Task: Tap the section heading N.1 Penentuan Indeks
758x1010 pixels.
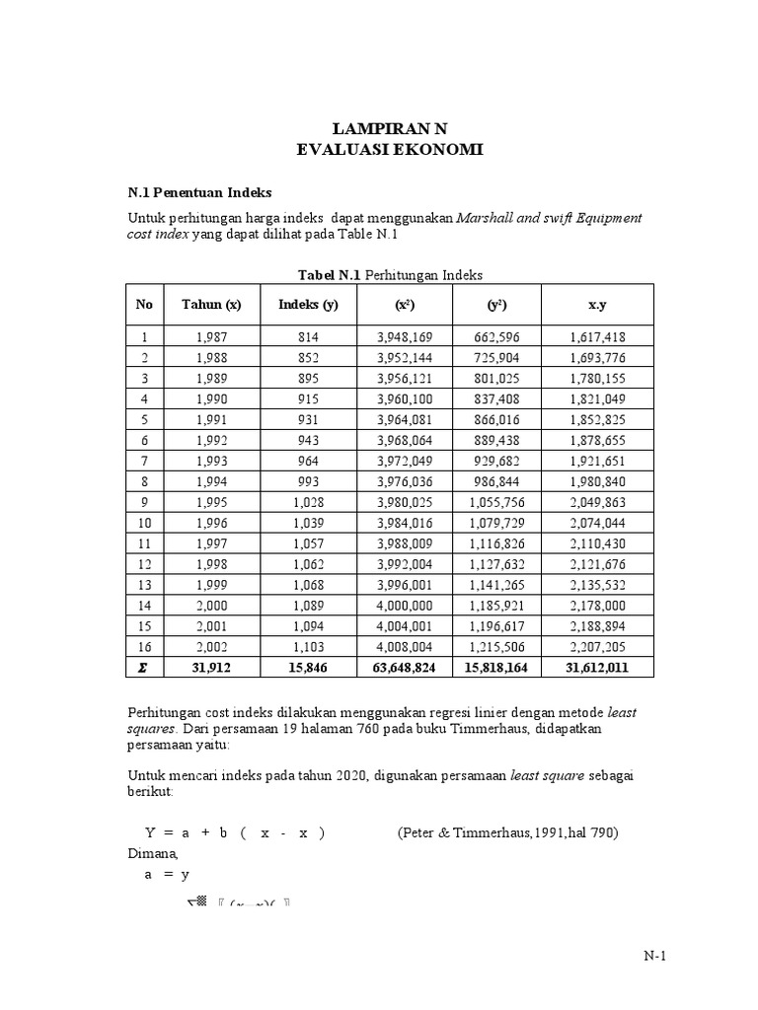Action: [x=200, y=191]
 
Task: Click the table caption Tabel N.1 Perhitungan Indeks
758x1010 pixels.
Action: [x=390, y=274]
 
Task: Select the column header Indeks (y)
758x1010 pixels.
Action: [x=308, y=305]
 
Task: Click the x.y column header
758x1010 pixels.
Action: [x=597, y=305]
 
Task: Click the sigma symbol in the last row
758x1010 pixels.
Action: [x=143, y=669]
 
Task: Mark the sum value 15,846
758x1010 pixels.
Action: [x=308, y=669]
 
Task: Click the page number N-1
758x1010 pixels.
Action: [x=655, y=956]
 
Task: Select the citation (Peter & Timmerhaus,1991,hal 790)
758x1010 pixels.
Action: [x=508, y=832]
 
